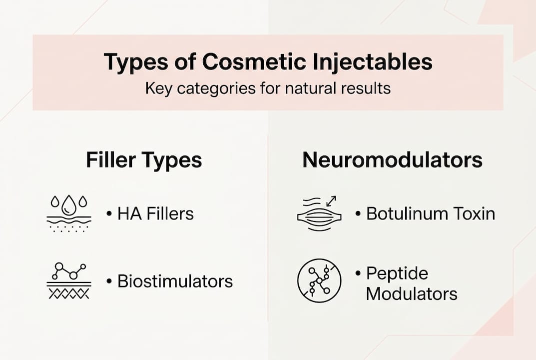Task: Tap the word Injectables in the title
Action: [370, 62]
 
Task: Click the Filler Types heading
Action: [144, 160]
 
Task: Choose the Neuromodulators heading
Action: [392, 160]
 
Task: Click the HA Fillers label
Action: [155, 214]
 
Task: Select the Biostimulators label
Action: [175, 281]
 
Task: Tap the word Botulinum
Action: [406, 214]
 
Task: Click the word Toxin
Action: [474, 214]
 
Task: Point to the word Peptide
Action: [397, 273]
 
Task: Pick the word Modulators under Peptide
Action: [411, 293]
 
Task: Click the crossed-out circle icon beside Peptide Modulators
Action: [319, 280]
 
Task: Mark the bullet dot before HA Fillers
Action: [108, 214]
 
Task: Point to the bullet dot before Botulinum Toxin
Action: [358, 214]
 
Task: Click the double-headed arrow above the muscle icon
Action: [331, 200]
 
